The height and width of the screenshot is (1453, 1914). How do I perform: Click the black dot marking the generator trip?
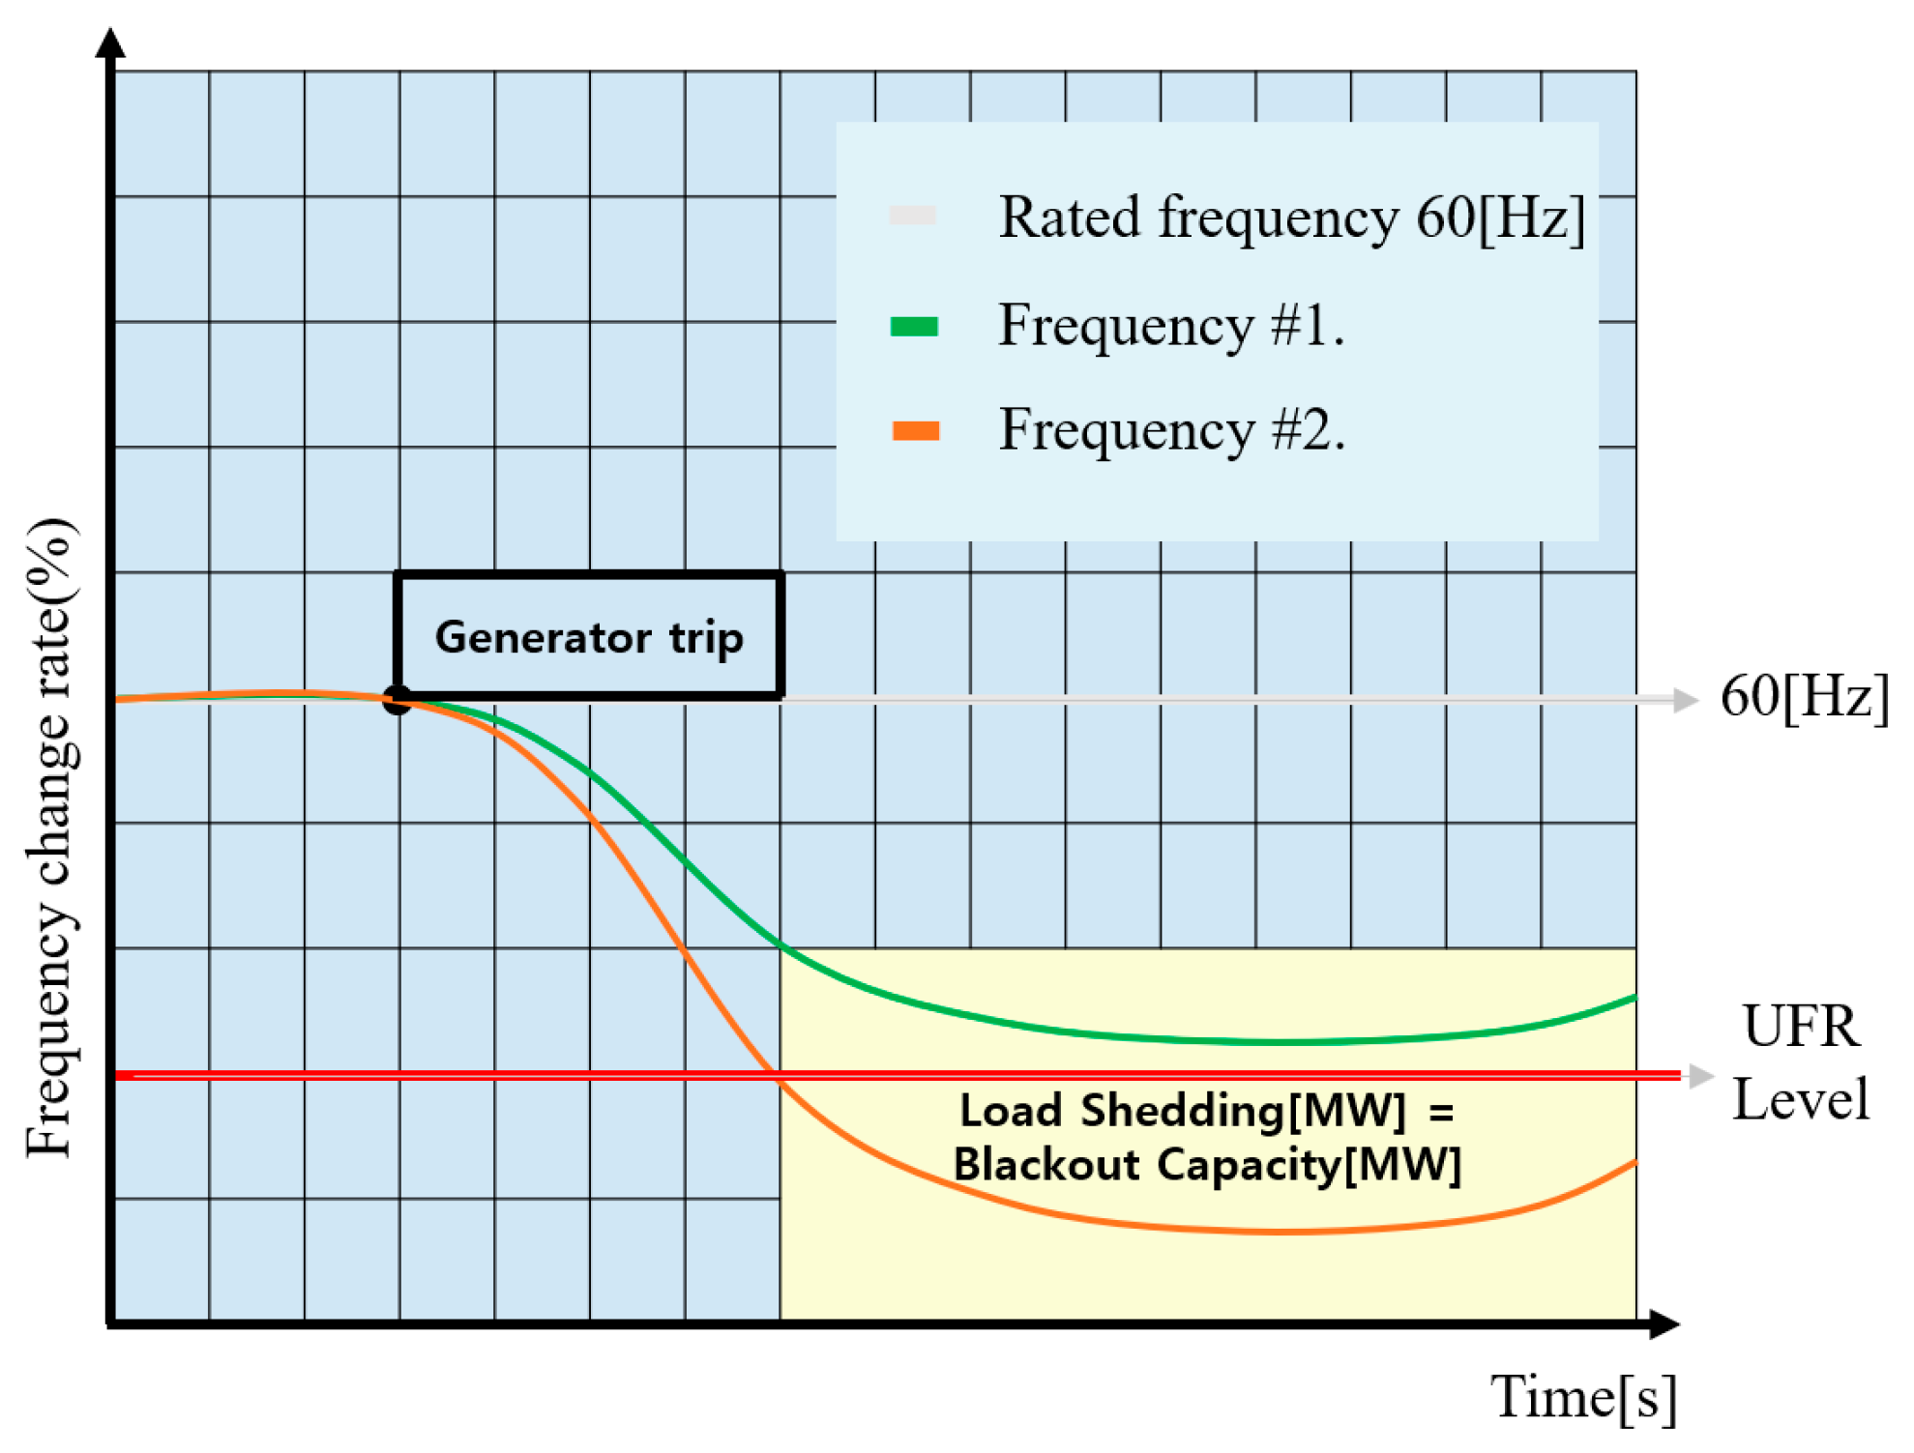click(397, 699)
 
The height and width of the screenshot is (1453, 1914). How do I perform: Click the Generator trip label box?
click(588, 636)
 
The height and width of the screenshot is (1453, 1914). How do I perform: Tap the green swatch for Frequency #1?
click(914, 327)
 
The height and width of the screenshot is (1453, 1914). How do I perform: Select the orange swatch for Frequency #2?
click(915, 430)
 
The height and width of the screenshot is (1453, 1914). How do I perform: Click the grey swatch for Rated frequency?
click(913, 215)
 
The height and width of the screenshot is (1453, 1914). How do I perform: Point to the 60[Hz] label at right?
click(1804, 696)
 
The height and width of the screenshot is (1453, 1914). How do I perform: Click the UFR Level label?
click(1800, 1063)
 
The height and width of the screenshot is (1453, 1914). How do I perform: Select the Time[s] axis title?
click(1583, 1397)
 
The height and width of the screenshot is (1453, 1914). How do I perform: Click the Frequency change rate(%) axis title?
click(50, 837)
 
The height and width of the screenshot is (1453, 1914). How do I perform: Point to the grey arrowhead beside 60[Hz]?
click(1686, 699)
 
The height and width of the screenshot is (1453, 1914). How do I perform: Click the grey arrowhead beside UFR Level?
click(1701, 1075)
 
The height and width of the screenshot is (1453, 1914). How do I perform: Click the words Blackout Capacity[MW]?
click(1207, 1164)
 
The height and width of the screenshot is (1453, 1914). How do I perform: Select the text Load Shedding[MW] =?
click(1206, 1110)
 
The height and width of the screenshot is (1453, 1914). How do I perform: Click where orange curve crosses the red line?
click(774, 1074)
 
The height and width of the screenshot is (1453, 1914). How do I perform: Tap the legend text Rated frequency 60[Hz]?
click(1291, 217)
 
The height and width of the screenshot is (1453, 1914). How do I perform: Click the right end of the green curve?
click(1634, 997)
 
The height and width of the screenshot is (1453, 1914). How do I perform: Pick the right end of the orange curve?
click(1634, 1163)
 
